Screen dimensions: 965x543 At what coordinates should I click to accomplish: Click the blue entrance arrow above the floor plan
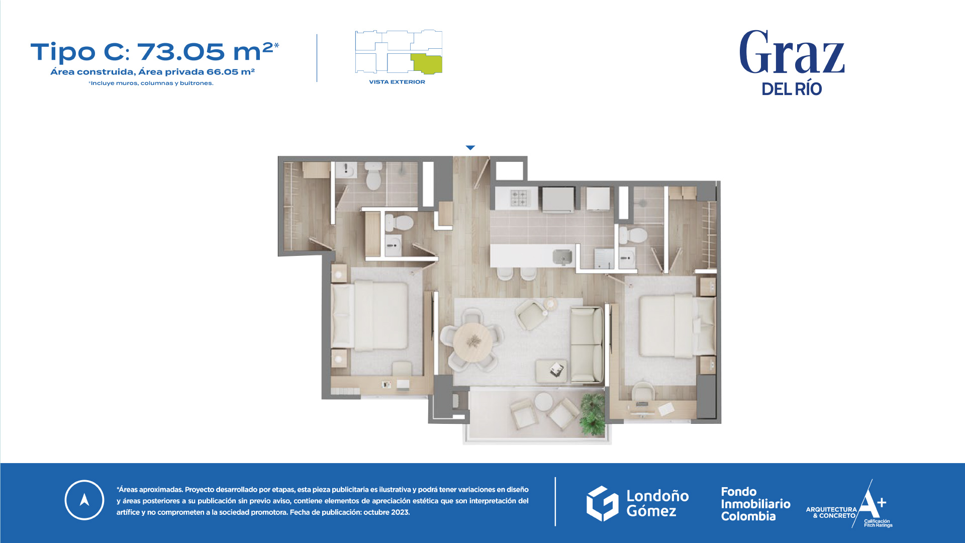click(x=470, y=148)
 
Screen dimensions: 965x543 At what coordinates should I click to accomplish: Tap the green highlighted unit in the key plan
click(x=427, y=64)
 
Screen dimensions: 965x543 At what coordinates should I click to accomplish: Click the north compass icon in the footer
click(x=84, y=500)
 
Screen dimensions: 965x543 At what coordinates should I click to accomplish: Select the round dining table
click(x=473, y=343)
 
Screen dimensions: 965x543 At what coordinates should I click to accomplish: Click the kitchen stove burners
click(x=519, y=198)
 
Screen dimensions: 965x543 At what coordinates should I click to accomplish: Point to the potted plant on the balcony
click(x=593, y=413)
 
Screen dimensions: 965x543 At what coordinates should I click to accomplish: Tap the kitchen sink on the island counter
click(x=562, y=256)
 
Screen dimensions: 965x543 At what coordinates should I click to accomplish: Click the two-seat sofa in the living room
click(x=587, y=345)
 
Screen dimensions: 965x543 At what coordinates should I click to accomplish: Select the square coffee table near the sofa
click(x=552, y=371)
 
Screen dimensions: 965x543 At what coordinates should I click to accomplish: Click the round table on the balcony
click(x=543, y=402)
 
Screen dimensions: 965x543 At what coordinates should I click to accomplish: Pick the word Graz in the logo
click(x=792, y=52)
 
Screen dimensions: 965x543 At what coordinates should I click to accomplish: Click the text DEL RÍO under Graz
click(x=792, y=89)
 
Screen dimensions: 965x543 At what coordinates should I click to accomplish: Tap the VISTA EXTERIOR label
click(x=397, y=82)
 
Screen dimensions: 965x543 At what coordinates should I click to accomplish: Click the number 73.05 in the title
click(x=181, y=52)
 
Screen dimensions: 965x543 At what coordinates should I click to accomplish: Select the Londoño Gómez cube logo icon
click(x=603, y=503)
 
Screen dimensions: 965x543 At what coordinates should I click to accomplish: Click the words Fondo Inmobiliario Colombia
click(x=755, y=504)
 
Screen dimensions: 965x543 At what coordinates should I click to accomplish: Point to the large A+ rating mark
click(x=872, y=503)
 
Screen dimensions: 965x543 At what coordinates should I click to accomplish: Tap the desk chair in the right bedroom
click(x=643, y=393)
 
